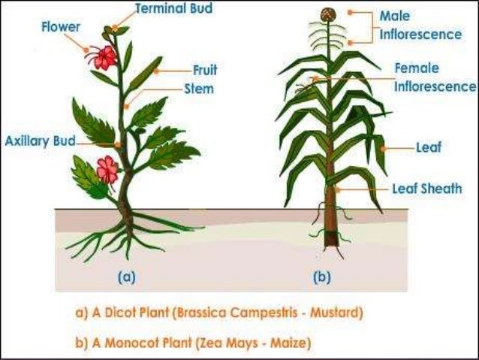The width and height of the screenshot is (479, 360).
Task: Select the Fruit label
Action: click(204, 70)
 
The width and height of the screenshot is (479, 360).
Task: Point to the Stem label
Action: click(198, 89)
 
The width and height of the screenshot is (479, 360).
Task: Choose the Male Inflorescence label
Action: click(420, 25)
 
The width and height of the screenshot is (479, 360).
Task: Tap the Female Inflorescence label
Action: click(434, 77)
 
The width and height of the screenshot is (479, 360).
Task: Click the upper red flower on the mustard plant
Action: click(103, 56)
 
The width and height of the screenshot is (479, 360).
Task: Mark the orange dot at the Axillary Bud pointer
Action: click(118, 144)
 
